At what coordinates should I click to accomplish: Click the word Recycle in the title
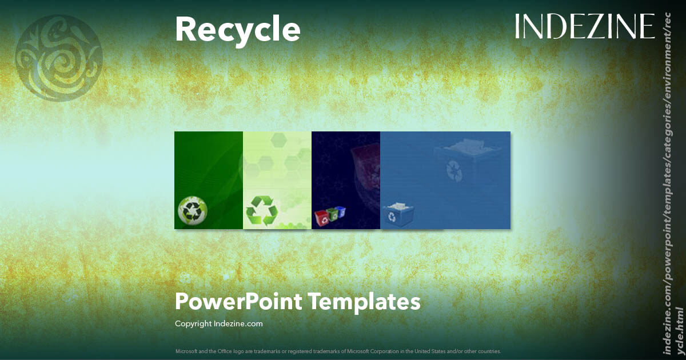coord(237,30)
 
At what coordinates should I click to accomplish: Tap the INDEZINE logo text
coord(584,27)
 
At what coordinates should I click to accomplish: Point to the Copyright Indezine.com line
coord(218,323)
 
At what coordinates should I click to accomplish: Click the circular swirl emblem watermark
coord(58,58)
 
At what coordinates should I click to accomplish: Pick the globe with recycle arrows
coord(193,210)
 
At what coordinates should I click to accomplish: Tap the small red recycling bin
coord(321,217)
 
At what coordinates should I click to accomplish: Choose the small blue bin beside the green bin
coord(341,211)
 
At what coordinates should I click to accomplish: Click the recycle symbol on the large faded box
coord(455,170)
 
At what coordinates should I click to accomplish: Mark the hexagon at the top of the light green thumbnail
coord(279,138)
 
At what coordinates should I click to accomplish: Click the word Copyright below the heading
coord(193,323)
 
